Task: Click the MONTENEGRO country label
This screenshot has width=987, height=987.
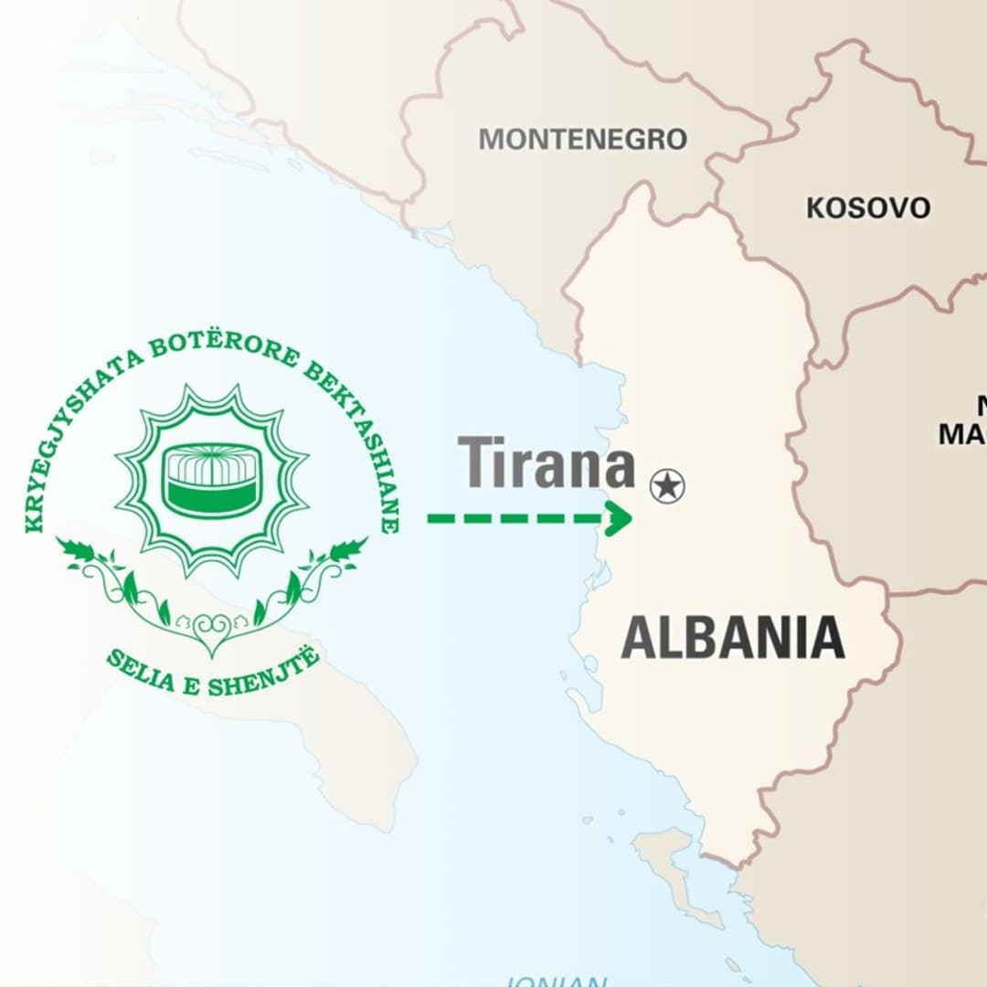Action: coord(582,139)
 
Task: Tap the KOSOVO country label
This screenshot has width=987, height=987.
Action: coord(867,207)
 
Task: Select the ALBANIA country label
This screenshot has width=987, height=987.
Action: coord(732,638)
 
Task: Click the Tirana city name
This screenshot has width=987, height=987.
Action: coord(547,463)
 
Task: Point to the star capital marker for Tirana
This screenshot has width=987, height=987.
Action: coord(667,485)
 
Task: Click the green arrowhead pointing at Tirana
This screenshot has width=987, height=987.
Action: coord(619,518)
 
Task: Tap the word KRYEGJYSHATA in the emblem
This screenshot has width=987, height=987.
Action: coord(73,439)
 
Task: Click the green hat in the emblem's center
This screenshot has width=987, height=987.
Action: coord(211,480)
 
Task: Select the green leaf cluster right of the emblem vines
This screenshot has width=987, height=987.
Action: coord(345,551)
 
